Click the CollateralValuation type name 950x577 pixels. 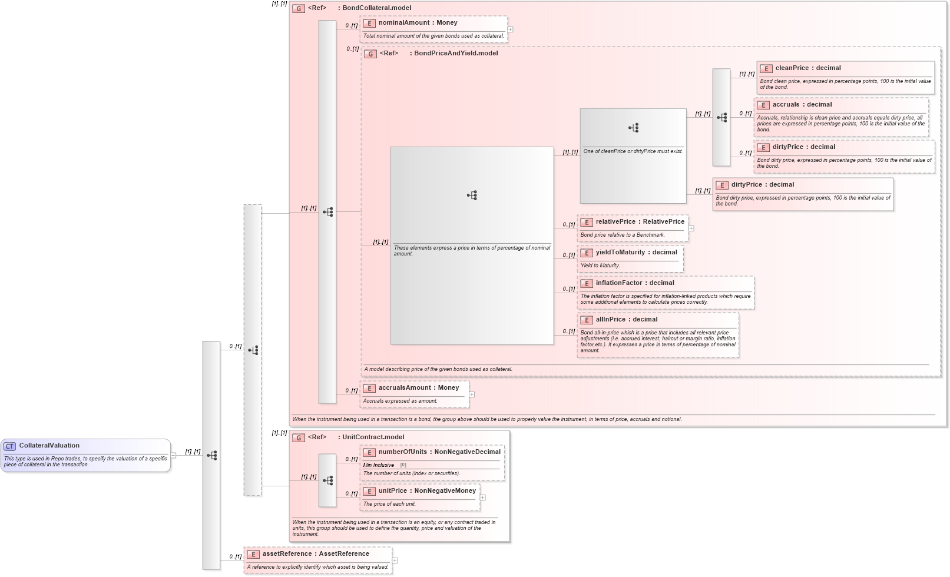49,446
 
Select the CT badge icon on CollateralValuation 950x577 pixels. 10,446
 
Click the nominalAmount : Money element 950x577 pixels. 418,23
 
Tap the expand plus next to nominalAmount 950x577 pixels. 510,29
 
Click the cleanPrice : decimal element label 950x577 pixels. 807,68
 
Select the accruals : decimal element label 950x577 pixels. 802,105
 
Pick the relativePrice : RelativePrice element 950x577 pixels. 640,222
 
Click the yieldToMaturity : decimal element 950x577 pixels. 636,253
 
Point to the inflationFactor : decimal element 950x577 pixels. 634,283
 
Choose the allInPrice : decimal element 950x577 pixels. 626,320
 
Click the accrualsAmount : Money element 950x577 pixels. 418,388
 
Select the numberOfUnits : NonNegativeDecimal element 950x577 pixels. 439,452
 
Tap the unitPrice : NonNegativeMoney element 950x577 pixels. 426,491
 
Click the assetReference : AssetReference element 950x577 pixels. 315,554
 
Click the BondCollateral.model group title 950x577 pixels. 376,8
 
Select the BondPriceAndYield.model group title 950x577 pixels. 455,54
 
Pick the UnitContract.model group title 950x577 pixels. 373,437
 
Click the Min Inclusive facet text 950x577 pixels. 379,465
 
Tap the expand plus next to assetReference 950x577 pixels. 395,561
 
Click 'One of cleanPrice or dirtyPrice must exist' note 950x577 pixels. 633,151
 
